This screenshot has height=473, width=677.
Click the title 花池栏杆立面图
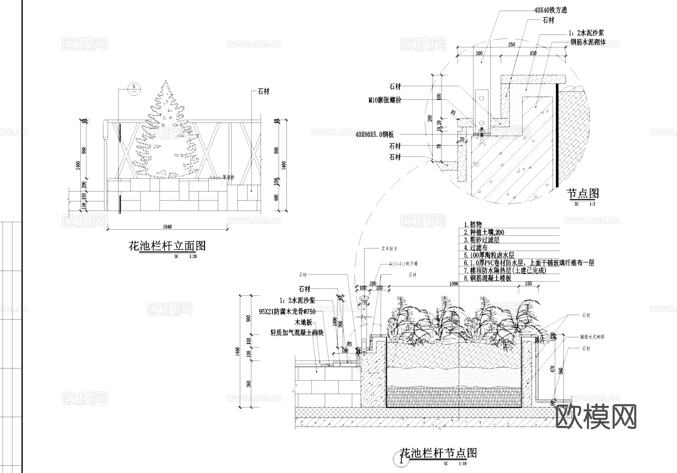point(167,246)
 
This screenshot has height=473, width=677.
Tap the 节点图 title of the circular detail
point(583,194)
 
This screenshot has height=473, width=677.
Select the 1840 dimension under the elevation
point(167,227)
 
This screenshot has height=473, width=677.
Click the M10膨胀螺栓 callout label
point(385,100)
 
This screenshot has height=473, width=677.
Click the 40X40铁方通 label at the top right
point(551,11)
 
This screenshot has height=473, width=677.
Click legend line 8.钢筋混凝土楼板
point(487,278)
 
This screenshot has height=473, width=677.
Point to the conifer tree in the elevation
point(165,132)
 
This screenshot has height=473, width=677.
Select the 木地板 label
point(304,322)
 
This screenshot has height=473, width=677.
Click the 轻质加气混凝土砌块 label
point(297,333)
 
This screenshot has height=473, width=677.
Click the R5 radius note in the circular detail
point(453,112)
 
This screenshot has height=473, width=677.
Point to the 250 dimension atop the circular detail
point(512,44)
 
